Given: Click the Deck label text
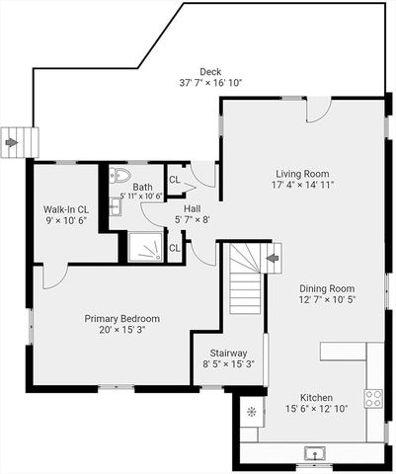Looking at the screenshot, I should pos(209,71).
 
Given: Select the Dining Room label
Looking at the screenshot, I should pos(327,288).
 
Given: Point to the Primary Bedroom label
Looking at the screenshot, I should pos(121,319).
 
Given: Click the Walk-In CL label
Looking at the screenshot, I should pos(66,209).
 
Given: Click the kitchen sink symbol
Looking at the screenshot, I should pos(314,453).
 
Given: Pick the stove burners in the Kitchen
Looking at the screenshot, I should pos(373,398).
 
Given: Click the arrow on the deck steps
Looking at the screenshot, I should pos(11,142).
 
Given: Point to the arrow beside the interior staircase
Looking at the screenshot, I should pos(273,259).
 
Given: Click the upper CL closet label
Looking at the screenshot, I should pos(174,180).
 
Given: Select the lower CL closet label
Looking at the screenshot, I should pos(174,247).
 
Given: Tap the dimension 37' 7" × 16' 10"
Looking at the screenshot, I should pos(209,83).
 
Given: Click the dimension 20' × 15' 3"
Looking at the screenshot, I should pos(121,331).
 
